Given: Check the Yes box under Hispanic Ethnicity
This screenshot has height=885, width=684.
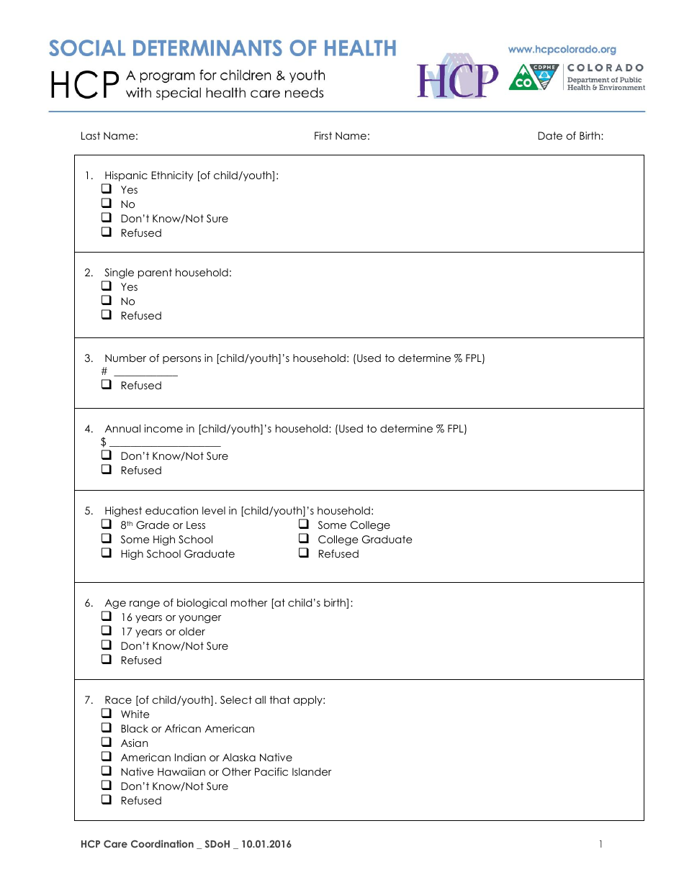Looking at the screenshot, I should (106, 189).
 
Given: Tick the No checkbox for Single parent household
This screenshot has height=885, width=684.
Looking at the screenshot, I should (106, 301).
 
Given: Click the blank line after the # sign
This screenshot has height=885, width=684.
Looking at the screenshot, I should (146, 371).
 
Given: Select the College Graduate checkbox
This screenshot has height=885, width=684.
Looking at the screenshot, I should (304, 539).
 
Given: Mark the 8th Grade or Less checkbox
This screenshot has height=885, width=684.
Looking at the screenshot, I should (106, 525).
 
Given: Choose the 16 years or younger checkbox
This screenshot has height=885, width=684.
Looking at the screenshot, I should (106, 617).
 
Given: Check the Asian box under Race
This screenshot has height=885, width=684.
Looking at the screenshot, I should (106, 743).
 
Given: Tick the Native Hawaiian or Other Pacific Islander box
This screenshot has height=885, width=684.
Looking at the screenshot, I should (106, 771).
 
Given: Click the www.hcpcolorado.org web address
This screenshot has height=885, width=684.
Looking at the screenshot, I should (562, 50).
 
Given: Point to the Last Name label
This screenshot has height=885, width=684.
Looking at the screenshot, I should (109, 136).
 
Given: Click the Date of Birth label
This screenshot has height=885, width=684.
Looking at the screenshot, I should (570, 136).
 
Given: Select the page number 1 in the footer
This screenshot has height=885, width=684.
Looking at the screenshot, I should (600, 844).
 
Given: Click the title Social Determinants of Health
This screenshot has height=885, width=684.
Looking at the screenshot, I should (222, 48).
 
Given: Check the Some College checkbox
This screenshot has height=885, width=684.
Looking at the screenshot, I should (304, 525).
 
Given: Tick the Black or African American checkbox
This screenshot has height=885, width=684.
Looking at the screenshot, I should (106, 728).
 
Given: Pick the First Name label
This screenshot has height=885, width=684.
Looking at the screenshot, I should (341, 136).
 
